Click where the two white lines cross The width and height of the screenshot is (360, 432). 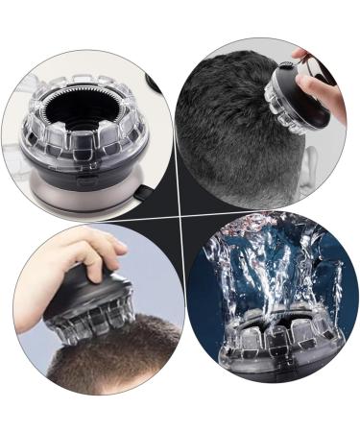pyautogui.click(x=180, y=215)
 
